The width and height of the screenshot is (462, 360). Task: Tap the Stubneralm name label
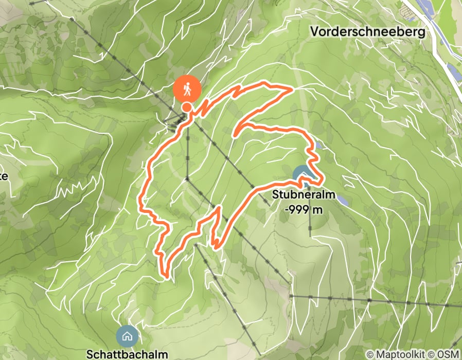(304, 195)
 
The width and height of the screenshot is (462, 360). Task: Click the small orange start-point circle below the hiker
(187, 107)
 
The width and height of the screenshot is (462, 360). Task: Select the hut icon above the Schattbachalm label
(127, 336)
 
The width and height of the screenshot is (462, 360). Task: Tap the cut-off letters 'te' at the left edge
(3, 176)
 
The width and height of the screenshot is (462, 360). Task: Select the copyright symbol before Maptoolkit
(371, 354)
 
